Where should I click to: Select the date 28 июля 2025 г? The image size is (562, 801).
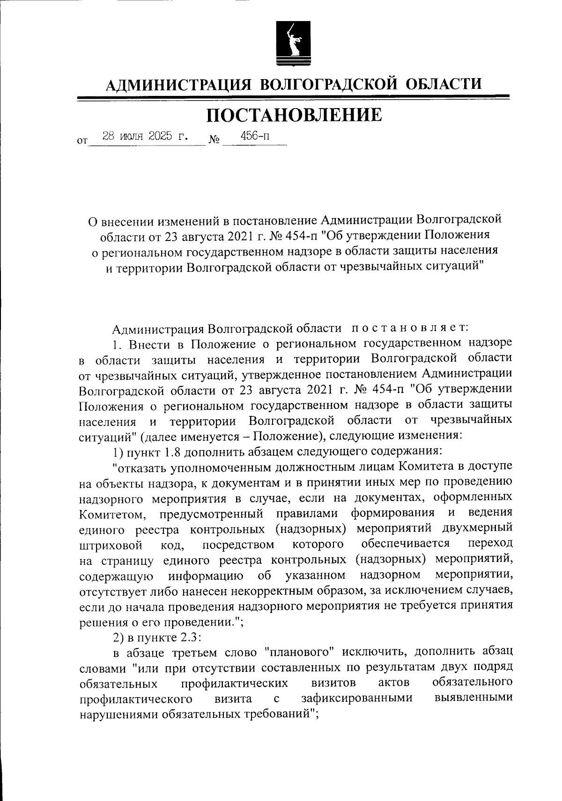[x=146, y=137]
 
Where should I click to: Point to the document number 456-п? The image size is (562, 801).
[x=255, y=136]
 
